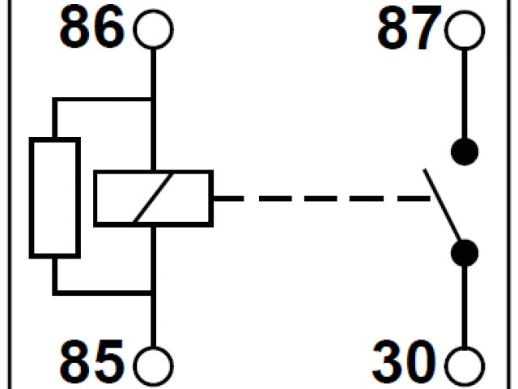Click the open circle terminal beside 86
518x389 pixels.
pos(153,31)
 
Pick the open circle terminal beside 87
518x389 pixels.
pos(465,31)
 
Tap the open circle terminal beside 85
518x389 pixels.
pos(153,362)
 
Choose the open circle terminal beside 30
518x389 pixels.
pos(465,362)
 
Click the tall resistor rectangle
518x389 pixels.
pos(54,197)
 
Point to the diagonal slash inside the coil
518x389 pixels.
pos(153,197)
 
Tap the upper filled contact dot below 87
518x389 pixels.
pos(465,151)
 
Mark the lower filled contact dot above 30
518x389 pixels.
pos(465,252)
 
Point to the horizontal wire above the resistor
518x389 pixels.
pos(103,100)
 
